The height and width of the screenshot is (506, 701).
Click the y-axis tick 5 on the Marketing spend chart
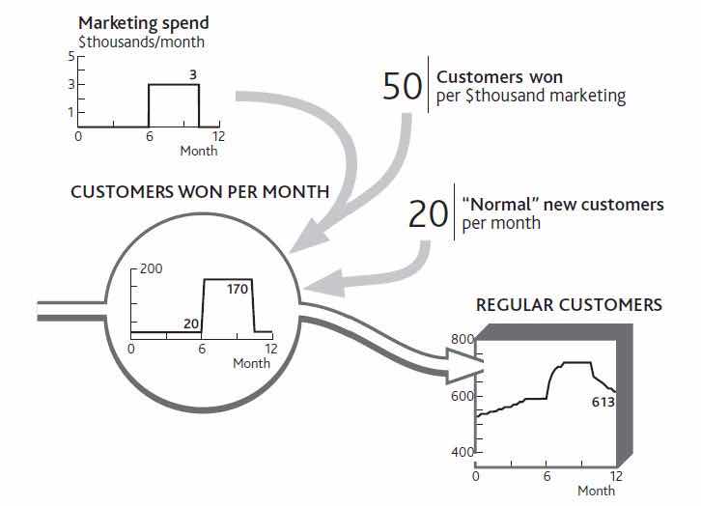[x=70, y=57]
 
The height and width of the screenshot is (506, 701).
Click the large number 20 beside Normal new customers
[x=429, y=213]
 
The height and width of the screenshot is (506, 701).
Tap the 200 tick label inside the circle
[x=151, y=267]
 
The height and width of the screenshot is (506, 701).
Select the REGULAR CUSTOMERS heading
[x=569, y=305]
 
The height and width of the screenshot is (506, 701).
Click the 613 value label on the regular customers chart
[x=602, y=402]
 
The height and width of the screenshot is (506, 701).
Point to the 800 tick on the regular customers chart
[x=463, y=339]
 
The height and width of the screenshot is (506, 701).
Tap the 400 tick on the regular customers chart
[x=463, y=452]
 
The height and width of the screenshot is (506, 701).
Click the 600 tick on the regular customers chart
[x=463, y=396]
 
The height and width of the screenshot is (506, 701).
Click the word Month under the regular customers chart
[x=596, y=491]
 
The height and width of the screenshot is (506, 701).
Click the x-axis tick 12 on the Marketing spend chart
[x=218, y=137]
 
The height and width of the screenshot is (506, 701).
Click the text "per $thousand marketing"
[x=531, y=97]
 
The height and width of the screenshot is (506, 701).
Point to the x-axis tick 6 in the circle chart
[x=202, y=349]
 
